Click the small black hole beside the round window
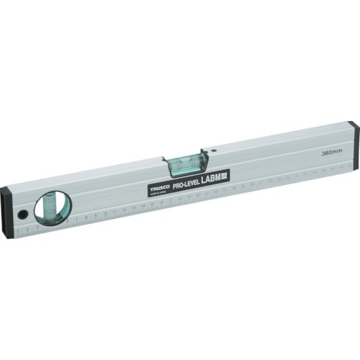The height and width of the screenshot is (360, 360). [x=23, y=215]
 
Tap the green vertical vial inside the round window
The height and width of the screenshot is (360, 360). [x=54, y=207]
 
